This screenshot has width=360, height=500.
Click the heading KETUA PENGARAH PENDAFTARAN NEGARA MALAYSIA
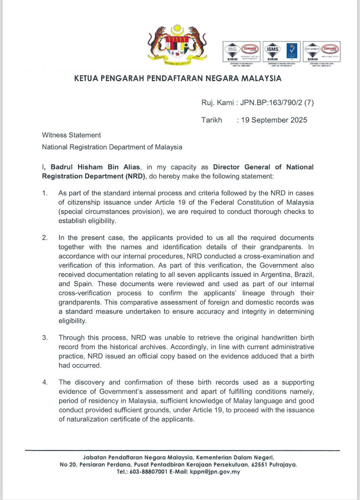pyautogui.click(x=178, y=79)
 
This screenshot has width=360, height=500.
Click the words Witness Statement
pyautogui.click(x=71, y=135)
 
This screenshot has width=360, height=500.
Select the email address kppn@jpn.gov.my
pyautogui.click(x=215, y=472)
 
